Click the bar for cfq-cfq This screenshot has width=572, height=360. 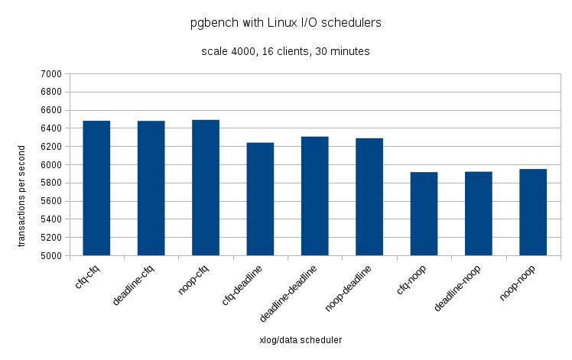pos(96,188)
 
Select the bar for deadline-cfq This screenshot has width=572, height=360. pos(151,188)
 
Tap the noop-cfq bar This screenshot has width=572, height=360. pos(206,187)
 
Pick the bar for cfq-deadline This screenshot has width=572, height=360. pos(260,199)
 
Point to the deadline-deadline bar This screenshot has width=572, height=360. pos(314,196)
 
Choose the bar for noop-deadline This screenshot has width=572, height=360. pos(369,196)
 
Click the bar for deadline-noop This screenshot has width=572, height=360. pos(478,213)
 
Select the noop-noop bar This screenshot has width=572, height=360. pos(533,212)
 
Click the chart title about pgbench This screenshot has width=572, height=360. pos(285,23)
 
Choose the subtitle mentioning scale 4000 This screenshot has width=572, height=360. pos(285,52)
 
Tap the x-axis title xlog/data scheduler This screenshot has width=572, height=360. pos(301,339)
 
